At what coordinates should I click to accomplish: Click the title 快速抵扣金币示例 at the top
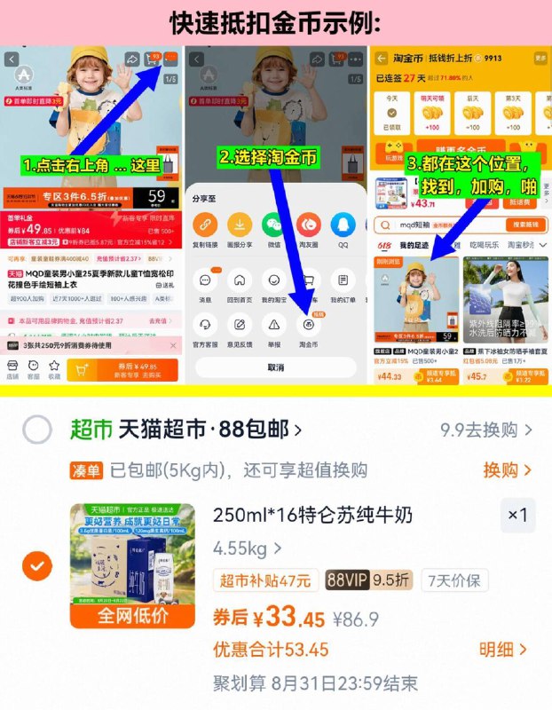pos(275,21)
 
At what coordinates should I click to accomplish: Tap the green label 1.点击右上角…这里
pos(92,165)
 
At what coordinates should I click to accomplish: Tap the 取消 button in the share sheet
pos(276,367)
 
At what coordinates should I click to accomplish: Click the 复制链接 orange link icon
pos(205,225)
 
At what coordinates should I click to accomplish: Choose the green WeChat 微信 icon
pos(273,225)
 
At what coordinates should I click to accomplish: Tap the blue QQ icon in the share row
pos(343,225)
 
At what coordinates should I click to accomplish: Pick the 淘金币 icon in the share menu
pos(308,325)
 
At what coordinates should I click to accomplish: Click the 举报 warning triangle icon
pos(273,325)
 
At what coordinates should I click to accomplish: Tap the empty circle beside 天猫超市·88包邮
pos(37,430)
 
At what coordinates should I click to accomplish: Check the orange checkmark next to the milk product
pos(37,565)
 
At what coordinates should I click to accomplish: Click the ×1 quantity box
pos(517,515)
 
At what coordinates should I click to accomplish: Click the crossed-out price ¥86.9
pos(356,619)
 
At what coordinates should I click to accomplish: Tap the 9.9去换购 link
pos(486,430)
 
